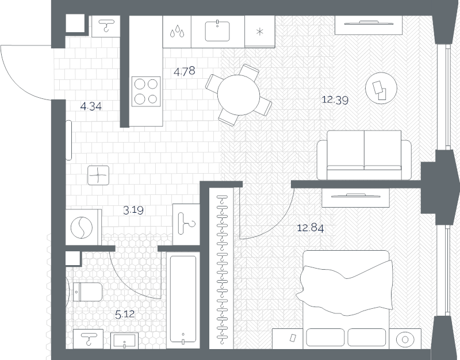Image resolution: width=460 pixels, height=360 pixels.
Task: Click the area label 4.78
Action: coord(184,71)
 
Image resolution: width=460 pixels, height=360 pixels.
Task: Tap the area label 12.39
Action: coord(335,100)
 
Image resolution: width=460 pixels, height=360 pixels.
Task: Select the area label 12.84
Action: coord(310,228)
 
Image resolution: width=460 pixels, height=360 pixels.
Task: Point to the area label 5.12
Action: coord(125,315)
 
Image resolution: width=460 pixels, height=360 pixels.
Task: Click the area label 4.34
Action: coord(91,106)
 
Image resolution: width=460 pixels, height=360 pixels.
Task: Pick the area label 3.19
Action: coord(133,210)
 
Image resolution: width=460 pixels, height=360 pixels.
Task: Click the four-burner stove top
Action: coord(146,91)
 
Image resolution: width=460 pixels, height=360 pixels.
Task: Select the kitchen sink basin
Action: coord(217,31)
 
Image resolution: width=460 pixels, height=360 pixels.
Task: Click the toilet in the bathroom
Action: coord(87,292)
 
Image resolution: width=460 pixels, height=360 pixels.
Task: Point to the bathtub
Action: coord(183,298)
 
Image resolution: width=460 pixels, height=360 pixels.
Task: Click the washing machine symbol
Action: coord(82,227)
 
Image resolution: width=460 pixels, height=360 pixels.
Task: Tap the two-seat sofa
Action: coord(364,155)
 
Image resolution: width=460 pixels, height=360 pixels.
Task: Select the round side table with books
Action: coord(381,88)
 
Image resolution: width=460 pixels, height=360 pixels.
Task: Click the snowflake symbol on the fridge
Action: coord(260,32)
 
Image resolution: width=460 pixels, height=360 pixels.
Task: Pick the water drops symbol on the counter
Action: coord(178,31)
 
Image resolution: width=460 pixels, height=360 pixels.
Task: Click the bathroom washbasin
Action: coord(124,340)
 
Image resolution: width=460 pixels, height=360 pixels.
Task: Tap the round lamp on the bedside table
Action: coord(405,339)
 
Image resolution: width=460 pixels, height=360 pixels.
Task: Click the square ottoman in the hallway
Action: coord(98,175)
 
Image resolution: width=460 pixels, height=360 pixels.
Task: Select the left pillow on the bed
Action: coord(325,338)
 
